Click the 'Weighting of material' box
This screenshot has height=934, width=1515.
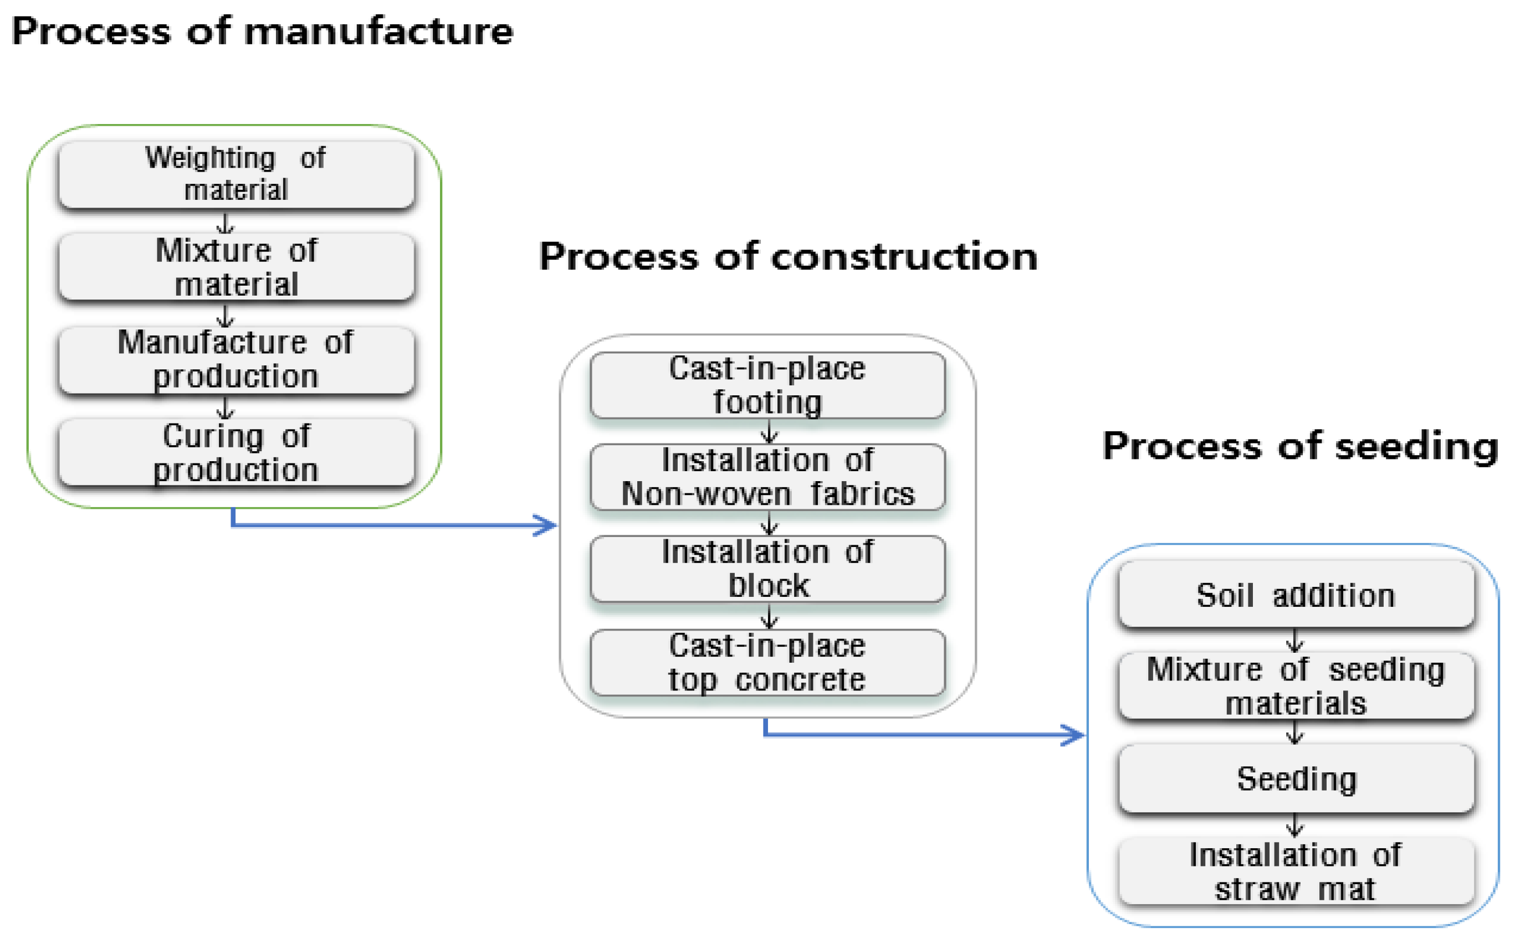point(236,174)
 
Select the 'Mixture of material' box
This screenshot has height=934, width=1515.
point(236,267)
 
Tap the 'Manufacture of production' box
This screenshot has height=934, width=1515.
point(236,359)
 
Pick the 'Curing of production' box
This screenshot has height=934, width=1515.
point(236,453)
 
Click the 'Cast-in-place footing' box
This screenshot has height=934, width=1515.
point(767,385)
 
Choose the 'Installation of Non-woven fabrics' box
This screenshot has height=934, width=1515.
point(767,477)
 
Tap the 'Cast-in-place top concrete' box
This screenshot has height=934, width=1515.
point(767,662)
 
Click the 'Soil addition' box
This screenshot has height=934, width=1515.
point(1296,594)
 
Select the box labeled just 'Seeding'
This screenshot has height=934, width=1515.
point(1296,778)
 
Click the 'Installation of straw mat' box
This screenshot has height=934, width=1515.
point(1296,871)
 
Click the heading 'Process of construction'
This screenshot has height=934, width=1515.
point(788,256)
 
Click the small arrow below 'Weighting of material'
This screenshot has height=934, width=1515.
point(225,223)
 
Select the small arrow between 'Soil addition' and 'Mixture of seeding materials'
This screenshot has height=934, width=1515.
point(1294,641)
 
